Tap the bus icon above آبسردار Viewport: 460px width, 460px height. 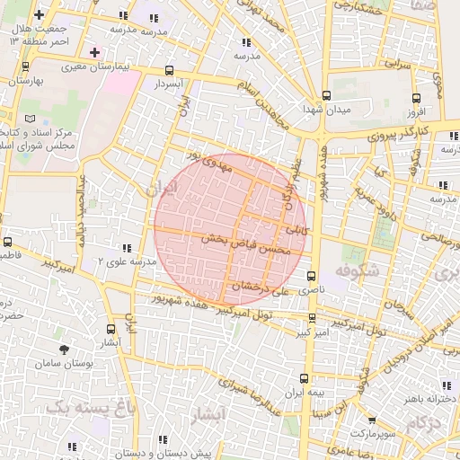coord(170,71)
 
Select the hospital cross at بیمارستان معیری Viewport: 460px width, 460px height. coord(94,52)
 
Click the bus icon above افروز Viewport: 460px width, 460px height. coord(414,99)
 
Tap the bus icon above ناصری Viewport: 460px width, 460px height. coord(312,277)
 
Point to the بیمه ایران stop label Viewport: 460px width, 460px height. coord(303,394)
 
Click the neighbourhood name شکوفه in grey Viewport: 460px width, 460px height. coord(359,270)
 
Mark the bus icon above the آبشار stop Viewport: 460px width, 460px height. coord(111,330)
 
